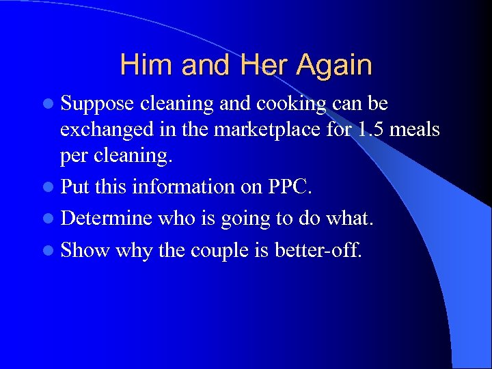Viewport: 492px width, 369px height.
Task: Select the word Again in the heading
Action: tap(333, 65)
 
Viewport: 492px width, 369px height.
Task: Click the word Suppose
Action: tap(96, 104)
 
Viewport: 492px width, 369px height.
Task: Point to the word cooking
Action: tap(291, 104)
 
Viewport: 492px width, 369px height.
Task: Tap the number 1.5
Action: tap(372, 130)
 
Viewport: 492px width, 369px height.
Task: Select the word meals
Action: tap(415, 130)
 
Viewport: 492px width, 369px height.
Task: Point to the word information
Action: tap(178, 187)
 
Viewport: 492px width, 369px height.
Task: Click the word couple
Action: tap(220, 250)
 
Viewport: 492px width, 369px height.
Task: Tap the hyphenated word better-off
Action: tap(318, 250)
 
